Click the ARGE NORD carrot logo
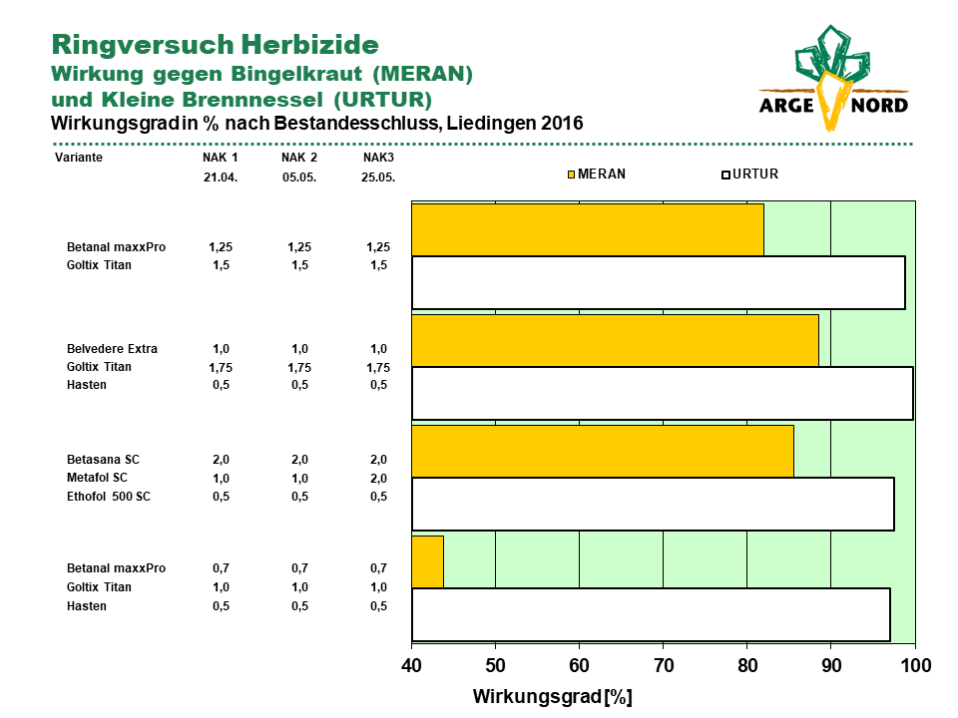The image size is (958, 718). [833, 78]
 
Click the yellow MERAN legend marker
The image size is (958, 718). [571, 175]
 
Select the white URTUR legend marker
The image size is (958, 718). [725, 175]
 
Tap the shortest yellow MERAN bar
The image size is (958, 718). [428, 561]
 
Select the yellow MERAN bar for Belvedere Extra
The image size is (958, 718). [616, 341]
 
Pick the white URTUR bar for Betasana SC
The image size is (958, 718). [653, 504]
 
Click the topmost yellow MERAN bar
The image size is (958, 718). [588, 230]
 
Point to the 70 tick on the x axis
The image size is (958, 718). [664, 665]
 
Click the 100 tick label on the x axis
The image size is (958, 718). [916, 665]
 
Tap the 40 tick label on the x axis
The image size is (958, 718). [412, 665]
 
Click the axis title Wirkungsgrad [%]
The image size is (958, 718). [552, 697]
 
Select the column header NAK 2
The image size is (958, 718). [299, 158]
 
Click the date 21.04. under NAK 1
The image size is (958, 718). [221, 178]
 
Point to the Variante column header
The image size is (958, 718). [79, 158]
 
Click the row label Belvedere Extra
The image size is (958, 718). [112, 349]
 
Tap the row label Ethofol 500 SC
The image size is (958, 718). [108, 497]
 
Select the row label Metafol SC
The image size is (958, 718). [97, 478]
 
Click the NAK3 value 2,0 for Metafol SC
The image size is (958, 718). [379, 478]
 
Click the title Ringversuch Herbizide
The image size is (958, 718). [216, 45]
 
